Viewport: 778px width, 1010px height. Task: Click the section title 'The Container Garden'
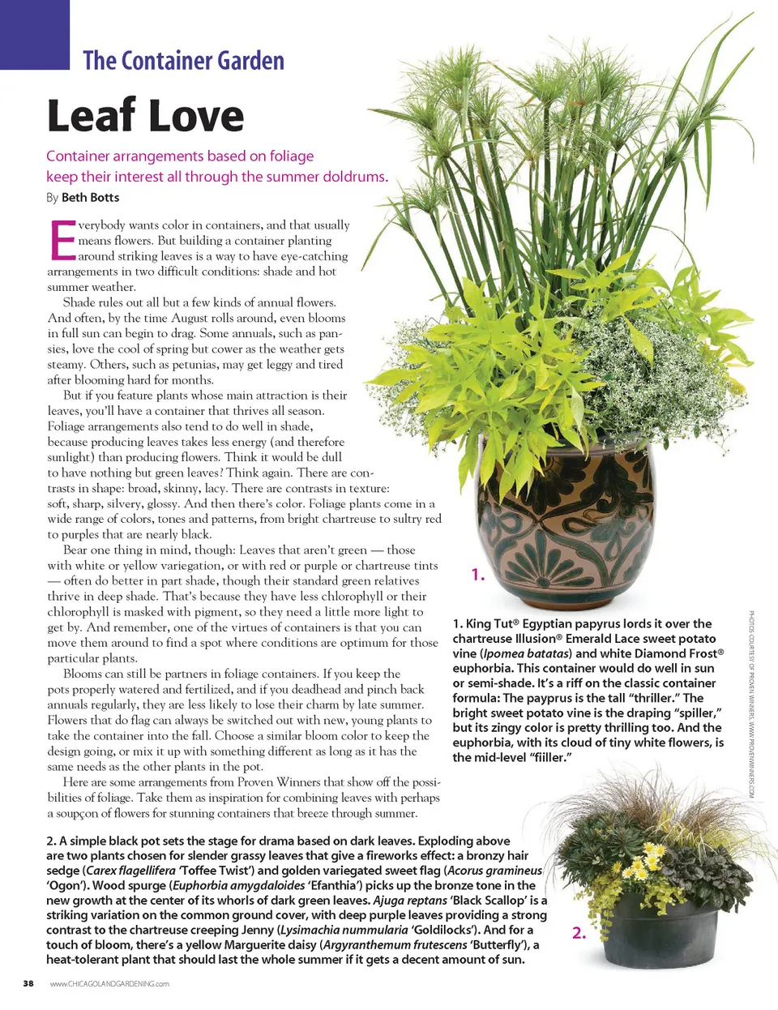click(x=183, y=61)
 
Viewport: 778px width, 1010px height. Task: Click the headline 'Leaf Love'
click(x=145, y=116)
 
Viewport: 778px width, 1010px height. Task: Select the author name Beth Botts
click(x=90, y=197)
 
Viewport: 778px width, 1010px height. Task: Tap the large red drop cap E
click(x=62, y=241)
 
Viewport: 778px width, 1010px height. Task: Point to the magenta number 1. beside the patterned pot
click(x=477, y=575)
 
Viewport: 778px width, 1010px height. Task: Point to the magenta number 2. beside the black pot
click(x=579, y=933)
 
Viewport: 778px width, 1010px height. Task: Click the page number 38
click(x=28, y=983)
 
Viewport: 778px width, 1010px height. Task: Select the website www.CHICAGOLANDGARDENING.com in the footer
click(x=109, y=984)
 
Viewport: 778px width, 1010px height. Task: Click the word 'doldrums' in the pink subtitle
click(x=354, y=177)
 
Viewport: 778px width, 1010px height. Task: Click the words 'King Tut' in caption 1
click(x=489, y=623)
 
